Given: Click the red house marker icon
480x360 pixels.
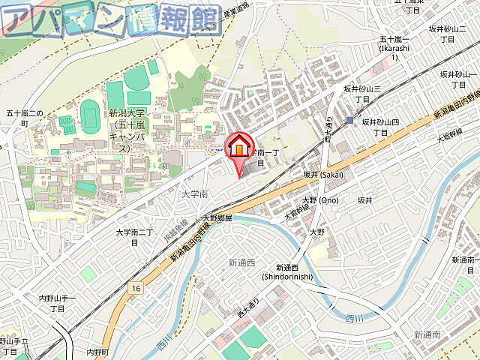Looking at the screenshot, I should pos(239,146).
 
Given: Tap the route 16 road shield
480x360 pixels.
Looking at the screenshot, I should pos(135,287).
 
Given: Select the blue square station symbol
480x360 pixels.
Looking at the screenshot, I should pos(349,120).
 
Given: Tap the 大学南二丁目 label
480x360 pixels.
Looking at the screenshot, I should pos(134,237).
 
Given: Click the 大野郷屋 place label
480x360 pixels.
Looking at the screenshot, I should pos(217,218).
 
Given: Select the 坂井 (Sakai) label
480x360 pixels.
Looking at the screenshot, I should pos(322,175).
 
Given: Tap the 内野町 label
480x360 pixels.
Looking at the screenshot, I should pos(97,352).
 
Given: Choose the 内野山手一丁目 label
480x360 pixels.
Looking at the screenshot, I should pos(58,303).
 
